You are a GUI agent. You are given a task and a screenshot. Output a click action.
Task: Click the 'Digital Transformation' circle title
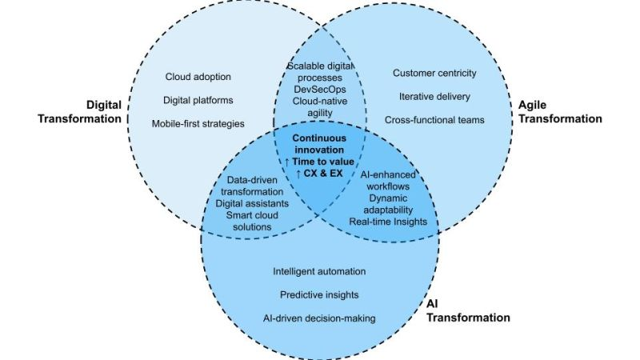pyautogui.click(x=85, y=111)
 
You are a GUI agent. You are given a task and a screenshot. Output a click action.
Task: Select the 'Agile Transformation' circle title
pyautogui.click(x=556, y=111)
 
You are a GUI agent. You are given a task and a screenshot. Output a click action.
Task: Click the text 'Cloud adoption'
pyautogui.click(x=198, y=77)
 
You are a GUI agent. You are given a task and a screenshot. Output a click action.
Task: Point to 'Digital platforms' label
pyautogui.click(x=199, y=100)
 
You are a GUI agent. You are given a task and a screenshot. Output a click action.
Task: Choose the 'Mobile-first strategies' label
pyautogui.click(x=198, y=123)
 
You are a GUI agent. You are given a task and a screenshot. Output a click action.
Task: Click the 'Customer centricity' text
pyautogui.click(x=434, y=73)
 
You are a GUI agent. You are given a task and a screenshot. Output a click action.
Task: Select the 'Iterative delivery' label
pyautogui.click(x=434, y=96)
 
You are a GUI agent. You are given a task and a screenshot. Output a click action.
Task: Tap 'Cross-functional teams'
pyautogui.click(x=434, y=120)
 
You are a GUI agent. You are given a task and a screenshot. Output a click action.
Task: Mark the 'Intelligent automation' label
pyautogui.click(x=319, y=271)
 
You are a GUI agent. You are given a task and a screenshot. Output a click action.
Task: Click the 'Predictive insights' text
pyautogui.click(x=319, y=294)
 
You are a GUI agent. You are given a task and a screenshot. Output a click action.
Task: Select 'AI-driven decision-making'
pyautogui.click(x=319, y=318)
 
